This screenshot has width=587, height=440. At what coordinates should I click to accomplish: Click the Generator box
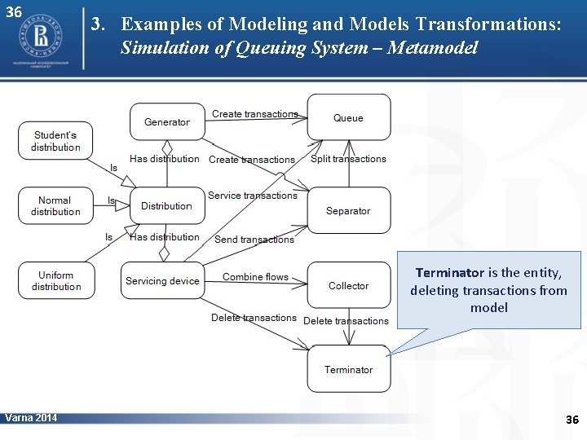(x=166, y=122)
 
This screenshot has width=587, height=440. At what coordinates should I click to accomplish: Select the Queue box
(x=348, y=117)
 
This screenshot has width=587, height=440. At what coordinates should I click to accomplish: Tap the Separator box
(x=348, y=210)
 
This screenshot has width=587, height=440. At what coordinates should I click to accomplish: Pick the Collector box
(x=348, y=285)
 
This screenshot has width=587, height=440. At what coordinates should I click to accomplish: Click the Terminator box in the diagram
(x=348, y=369)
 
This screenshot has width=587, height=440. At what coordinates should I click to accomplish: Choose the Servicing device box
(x=162, y=280)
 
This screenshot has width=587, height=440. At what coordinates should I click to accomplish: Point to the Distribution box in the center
(x=166, y=206)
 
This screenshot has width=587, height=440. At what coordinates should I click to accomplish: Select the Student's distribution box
(x=55, y=141)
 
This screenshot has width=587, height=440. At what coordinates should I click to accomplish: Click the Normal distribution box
(x=55, y=206)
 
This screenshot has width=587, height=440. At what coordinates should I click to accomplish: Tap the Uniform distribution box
(x=55, y=280)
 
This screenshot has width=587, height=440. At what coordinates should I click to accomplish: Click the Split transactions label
(x=348, y=159)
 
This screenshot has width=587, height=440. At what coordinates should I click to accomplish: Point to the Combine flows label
(x=255, y=277)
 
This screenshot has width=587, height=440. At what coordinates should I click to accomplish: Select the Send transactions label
(x=254, y=240)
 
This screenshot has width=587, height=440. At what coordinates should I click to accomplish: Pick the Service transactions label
(x=253, y=196)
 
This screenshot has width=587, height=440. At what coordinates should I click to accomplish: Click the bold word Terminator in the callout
(x=449, y=273)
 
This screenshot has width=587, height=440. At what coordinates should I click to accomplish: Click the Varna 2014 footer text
(x=31, y=418)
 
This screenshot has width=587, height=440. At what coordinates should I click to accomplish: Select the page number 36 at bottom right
(x=572, y=420)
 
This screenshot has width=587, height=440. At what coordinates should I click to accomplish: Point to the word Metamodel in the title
(x=432, y=48)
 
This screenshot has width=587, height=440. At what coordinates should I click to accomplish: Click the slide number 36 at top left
(x=13, y=12)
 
